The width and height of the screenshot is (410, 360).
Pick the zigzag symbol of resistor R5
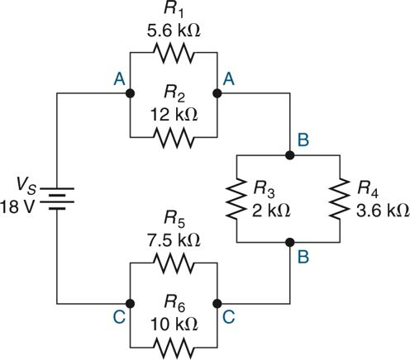[x=173, y=264]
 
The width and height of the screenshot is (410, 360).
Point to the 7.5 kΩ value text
[x=173, y=241]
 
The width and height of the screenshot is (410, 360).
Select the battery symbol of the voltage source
[x=56, y=198]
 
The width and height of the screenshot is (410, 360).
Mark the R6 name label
[x=173, y=301]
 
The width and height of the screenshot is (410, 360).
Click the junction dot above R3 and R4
[x=289, y=154]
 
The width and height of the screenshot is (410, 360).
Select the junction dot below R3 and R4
[x=289, y=242]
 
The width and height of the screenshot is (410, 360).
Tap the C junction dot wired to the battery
[x=129, y=303]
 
